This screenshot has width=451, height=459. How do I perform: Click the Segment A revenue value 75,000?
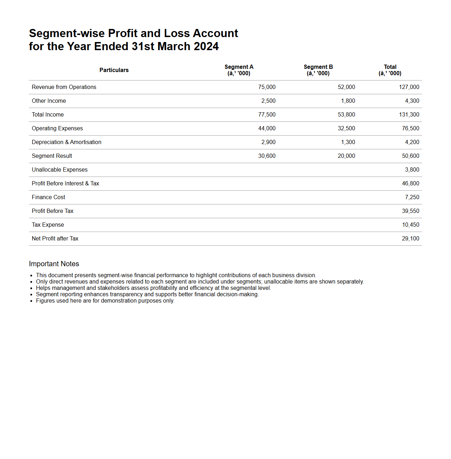267,87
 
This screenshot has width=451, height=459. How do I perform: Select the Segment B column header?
318,70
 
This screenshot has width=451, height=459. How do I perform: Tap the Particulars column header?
114,70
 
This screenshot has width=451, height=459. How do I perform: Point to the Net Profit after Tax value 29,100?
410,239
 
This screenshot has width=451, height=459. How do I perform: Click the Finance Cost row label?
48,197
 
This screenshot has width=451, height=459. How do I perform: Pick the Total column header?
390,70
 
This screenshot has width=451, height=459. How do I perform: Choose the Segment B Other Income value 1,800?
348,101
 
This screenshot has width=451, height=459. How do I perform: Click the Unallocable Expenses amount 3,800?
412,170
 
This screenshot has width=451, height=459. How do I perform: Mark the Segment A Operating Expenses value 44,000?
267,129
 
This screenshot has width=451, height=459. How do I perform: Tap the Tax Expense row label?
48,225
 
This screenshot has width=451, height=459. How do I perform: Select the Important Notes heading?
54,264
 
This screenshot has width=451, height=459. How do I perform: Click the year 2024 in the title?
206,46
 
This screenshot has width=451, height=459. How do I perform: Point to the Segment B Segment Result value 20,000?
346,156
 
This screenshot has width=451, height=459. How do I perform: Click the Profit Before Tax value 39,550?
410,211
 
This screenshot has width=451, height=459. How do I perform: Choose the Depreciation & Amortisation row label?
66,142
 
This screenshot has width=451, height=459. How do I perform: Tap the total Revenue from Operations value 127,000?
409,87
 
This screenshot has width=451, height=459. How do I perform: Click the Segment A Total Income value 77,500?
267,115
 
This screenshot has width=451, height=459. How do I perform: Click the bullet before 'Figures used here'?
31,301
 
